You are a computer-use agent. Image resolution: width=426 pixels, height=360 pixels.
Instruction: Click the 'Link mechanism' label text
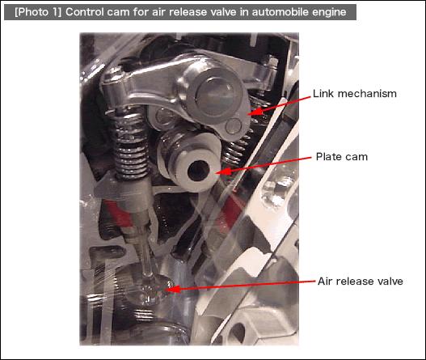[355, 94]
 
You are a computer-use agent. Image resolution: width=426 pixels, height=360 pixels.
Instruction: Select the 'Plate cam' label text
[342, 157]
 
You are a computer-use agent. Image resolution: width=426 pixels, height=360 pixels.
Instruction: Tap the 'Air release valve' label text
[361, 282]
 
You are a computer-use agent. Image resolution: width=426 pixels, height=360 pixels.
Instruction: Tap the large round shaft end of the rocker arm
[214, 92]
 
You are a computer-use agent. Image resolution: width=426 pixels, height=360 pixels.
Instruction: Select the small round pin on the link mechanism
[234, 125]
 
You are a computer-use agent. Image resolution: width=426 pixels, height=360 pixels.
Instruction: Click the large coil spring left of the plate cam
[130, 142]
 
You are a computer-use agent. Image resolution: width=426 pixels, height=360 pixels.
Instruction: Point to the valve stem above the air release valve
[146, 250]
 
